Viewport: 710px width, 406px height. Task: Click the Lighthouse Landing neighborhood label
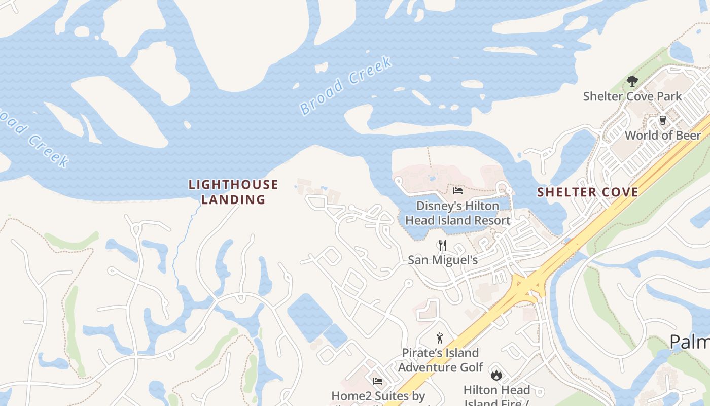click(x=233, y=192)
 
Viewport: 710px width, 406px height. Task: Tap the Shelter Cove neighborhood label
click(x=587, y=192)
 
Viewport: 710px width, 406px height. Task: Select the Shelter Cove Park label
click(x=632, y=96)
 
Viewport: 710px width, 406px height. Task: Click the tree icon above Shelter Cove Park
click(x=632, y=81)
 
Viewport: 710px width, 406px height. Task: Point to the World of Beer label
click(x=662, y=135)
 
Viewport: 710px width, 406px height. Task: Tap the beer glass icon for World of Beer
click(x=662, y=120)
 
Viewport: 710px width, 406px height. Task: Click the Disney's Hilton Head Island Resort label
click(x=457, y=213)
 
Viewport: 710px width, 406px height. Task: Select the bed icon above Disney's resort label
click(x=457, y=191)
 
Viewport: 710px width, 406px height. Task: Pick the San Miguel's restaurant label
click(x=443, y=260)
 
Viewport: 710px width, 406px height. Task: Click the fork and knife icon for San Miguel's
click(x=443, y=246)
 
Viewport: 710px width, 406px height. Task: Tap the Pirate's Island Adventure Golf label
click(x=440, y=360)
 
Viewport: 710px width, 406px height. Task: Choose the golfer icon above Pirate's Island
click(x=440, y=338)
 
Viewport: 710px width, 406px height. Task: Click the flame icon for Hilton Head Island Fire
click(x=496, y=375)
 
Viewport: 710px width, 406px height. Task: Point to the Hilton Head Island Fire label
click(x=496, y=394)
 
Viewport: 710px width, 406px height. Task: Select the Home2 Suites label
click(x=378, y=396)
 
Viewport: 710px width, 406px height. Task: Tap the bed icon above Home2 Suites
click(x=378, y=381)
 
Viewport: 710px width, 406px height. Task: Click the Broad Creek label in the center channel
click(x=346, y=86)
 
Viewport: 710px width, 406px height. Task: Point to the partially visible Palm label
click(x=690, y=342)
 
